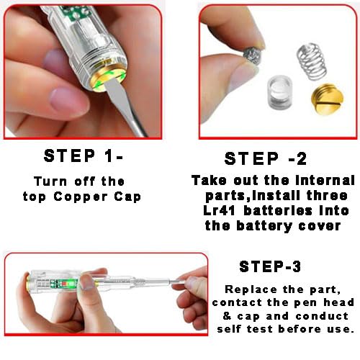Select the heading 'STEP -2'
click(270, 159)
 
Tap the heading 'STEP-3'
click(270, 267)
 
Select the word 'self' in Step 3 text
click(238, 330)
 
